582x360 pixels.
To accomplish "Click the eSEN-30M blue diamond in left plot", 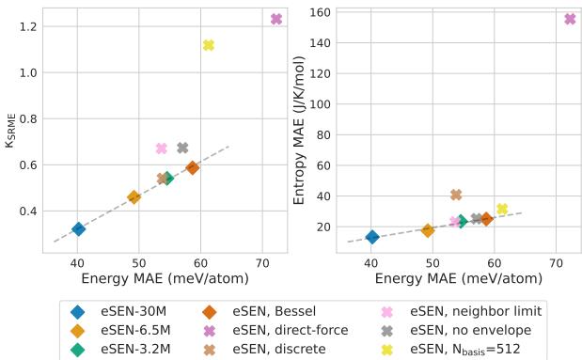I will pos(78,228).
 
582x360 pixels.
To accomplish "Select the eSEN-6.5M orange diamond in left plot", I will pos(134,197).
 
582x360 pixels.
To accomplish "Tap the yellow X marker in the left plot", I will pos(209,45).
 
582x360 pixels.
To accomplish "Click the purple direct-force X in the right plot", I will pos(570,19).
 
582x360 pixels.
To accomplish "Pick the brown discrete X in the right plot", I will pos(456,195).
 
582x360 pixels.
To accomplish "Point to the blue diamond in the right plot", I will pos(372,237).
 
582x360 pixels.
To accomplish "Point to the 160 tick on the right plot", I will pos(320,14).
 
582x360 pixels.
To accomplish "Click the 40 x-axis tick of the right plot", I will pos(371,263).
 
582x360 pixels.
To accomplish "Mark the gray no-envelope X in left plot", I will pos(182,148).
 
